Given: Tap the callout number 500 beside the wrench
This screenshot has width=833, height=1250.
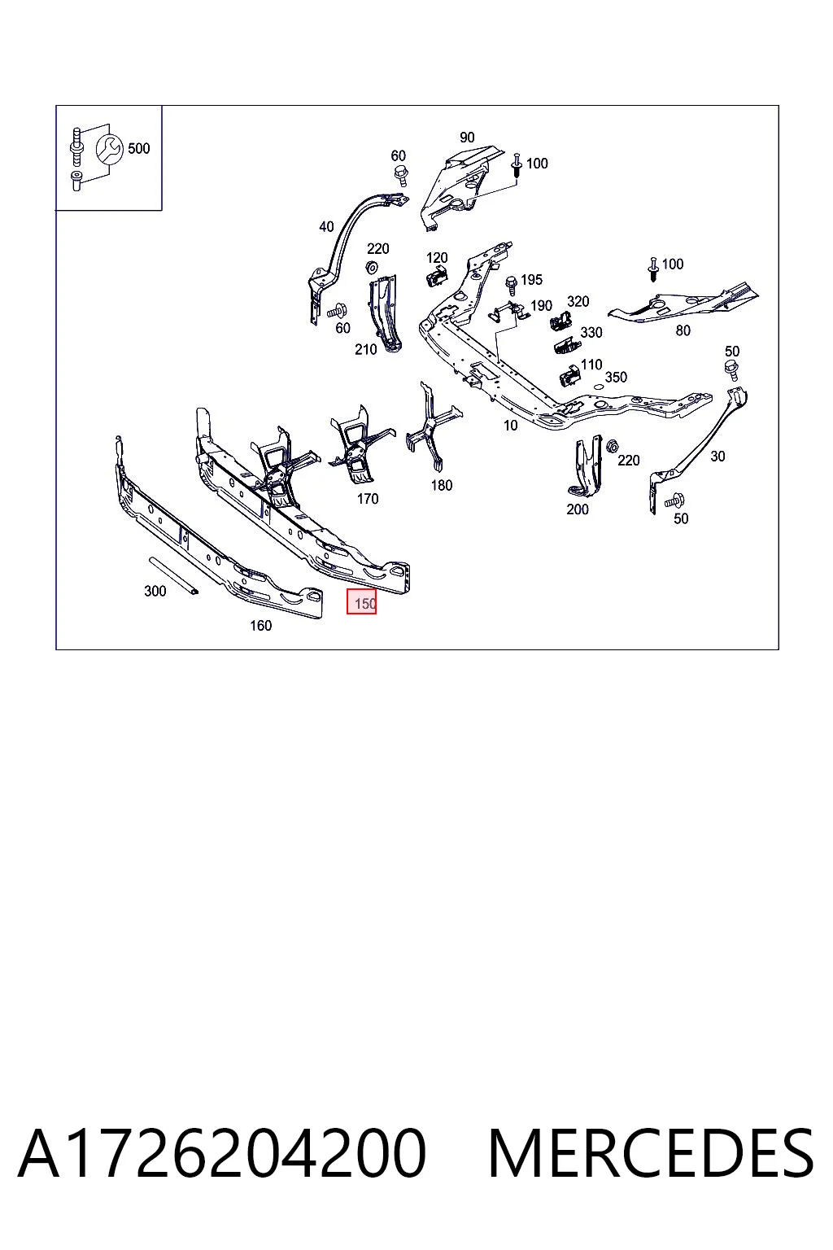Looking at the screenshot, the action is (139, 148).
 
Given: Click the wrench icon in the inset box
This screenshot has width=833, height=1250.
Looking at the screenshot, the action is (109, 149).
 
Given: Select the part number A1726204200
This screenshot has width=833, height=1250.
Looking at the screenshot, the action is (221, 1153).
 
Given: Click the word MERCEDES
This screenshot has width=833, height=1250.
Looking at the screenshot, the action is (651, 1153).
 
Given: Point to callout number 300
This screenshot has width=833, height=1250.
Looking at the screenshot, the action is (155, 591).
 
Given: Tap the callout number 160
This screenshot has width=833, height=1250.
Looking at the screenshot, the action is (260, 626).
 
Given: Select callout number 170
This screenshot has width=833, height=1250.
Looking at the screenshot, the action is (368, 499).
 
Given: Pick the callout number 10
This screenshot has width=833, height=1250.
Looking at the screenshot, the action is (511, 426).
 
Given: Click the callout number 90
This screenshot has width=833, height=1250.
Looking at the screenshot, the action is (467, 138).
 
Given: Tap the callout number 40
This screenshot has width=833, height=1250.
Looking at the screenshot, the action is (326, 226).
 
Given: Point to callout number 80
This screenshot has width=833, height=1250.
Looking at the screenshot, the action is (683, 330).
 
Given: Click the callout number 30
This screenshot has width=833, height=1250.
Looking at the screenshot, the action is (717, 456).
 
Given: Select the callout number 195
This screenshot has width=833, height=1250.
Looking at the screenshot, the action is (532, 280).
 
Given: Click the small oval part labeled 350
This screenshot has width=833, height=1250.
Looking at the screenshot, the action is (597, 386).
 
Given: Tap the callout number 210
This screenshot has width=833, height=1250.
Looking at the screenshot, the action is (366, 349).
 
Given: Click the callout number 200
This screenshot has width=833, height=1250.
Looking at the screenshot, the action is (578, 509).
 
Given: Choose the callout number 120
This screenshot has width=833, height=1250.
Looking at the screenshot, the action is (437, 258).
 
